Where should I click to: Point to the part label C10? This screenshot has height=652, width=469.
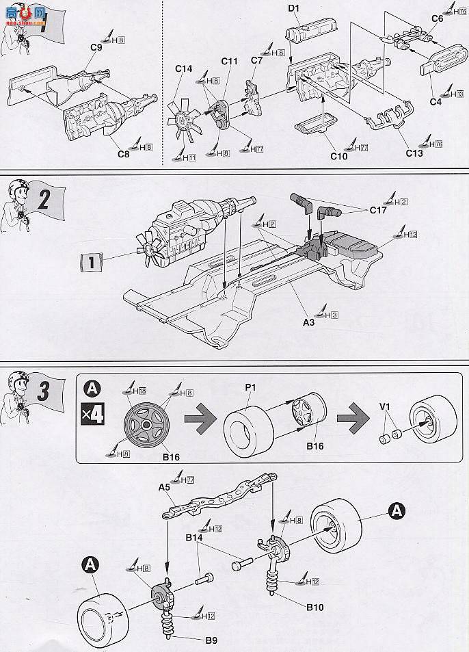[338, 155]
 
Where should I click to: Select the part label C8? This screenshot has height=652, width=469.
[123, 154]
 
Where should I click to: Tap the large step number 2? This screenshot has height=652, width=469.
[44, 200]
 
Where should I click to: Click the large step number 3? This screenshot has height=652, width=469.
[43, 392]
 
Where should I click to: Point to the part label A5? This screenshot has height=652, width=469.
[163, 488]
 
